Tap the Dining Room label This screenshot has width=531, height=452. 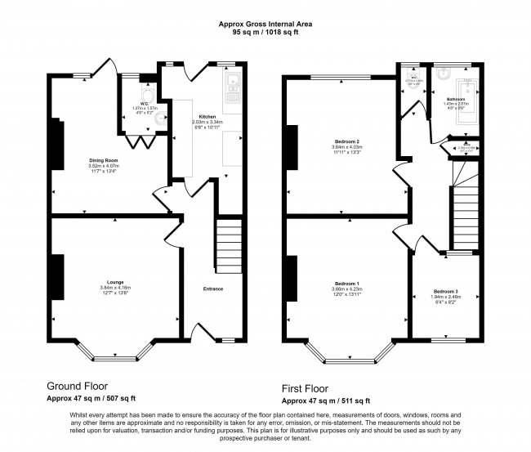pos(104,160)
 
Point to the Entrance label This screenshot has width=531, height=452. pos(212,289)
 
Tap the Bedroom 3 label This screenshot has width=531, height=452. pos(445,292)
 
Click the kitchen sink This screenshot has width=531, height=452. pos(231,81)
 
